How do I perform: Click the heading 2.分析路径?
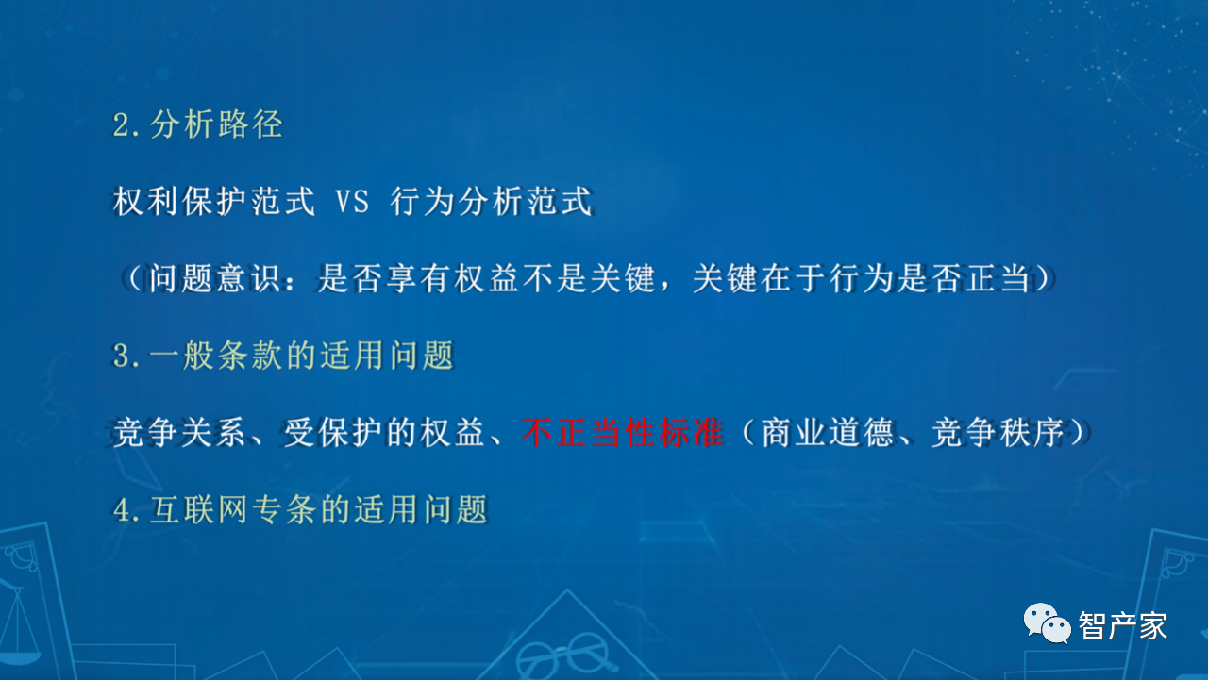pyautogui.click(x=197, y=124)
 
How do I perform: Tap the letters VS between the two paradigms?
pyautogui.click(x=352, y=202)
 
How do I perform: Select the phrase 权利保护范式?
pyautogui.click(x=213, y=202)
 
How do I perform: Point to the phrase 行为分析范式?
pyautogui.click(x=492, y=202)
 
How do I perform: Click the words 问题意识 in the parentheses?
pyautogui.click(x=214, y=278)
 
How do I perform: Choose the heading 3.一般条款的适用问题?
pyautogui.click(x=283, y=356)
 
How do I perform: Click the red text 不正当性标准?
pyautogui.click(x=622, y=432)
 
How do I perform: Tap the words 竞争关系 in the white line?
pyautogui.click(x=179, y=432)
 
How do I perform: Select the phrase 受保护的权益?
pyautogui.click(x=384, y=432)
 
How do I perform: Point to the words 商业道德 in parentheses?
pyautogui.click(x=828, y=432)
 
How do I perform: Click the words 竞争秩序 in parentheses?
pyautogui.click(x=998, y=432)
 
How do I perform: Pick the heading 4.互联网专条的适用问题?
pyautogui.click(x=300, y=509)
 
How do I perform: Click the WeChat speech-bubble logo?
pyautogui.click(x=1047, y=623)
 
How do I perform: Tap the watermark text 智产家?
pyautogui.click(x=1123, y=626)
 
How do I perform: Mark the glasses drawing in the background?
pyautogui.click(x=564, y=655)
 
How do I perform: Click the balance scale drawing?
pyautogui.click(x=19, y=625)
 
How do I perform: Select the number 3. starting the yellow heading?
pyautogui.click(x=126, y=357)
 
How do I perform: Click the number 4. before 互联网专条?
pyautogui.click(x=126, y=510)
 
